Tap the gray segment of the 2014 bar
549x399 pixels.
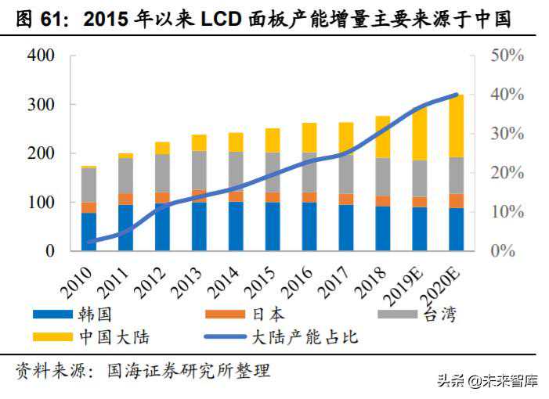click(x=236, y=171)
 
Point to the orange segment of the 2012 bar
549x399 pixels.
click(x=162, y=197)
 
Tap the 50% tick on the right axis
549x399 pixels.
click(x=507, y=56)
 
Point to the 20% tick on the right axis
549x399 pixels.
click(x=507, y=173)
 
